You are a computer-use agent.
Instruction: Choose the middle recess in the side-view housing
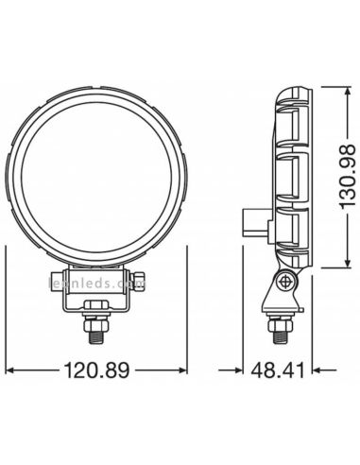(x=288, y=174)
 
